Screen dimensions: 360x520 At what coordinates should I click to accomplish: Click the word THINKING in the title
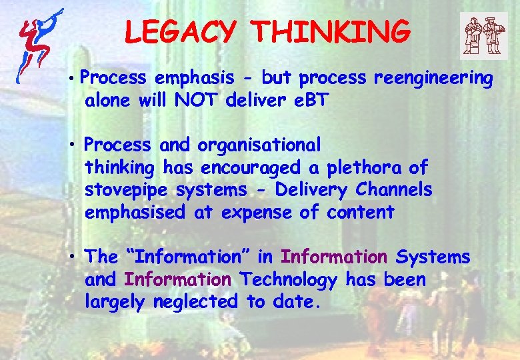coord(331,31)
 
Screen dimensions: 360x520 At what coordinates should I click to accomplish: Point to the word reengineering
coord(433,79)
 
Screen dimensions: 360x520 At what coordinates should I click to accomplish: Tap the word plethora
coord(347,167)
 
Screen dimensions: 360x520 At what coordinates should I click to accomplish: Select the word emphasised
coord(135,213)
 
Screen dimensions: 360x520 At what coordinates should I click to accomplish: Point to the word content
coord(361,213)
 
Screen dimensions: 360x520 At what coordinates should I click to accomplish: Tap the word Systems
coord(433,257)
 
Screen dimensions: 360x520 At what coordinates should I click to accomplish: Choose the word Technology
coord(289,280)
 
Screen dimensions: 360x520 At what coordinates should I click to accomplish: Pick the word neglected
coord(195,302)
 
